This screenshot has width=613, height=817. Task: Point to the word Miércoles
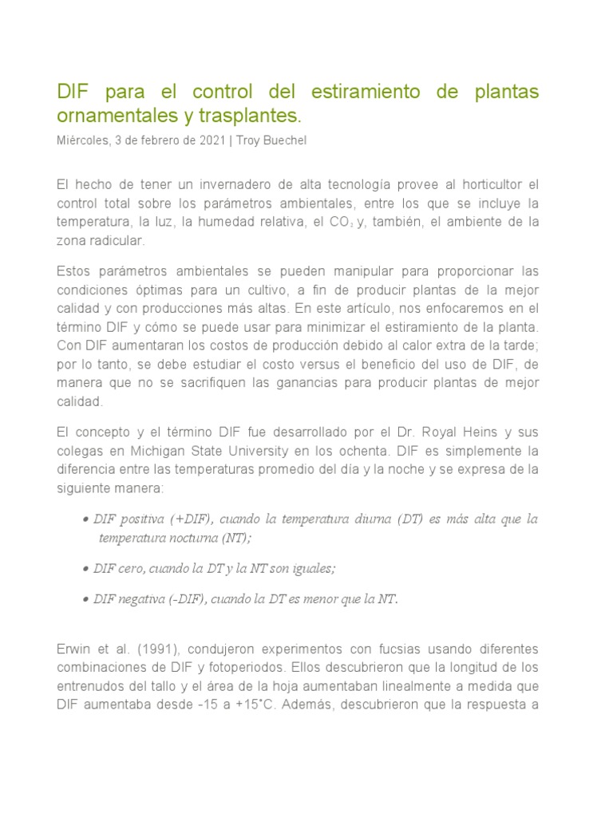(x=84, y=141)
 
